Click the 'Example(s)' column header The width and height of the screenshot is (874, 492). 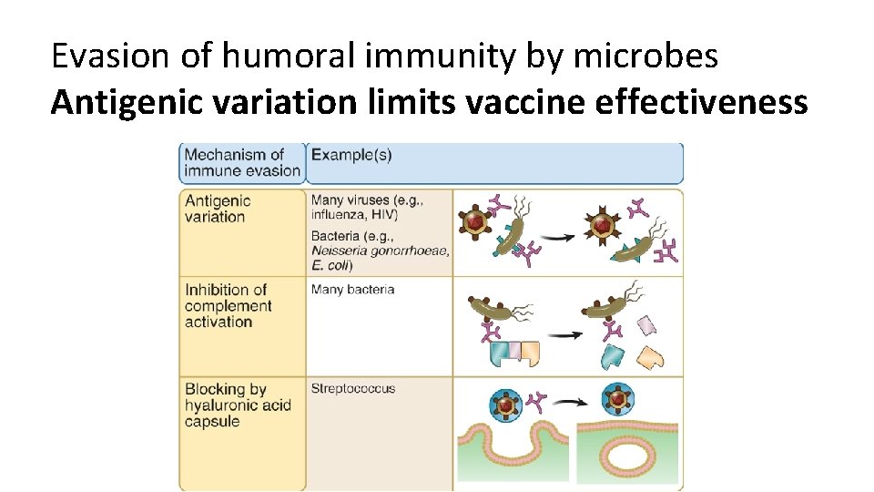click(x=351, y=155)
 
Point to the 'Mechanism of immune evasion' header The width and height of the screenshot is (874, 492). click(x=241, y=162)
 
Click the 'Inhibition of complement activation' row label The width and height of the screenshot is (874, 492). click(x=229, y=305)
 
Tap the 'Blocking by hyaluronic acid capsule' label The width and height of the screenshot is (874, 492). click(x=238, y=405)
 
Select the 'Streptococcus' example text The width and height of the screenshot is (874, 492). click(x=353, y=388)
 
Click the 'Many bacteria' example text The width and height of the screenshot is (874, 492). click(x=353, y=290)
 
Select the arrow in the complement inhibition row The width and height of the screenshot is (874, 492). click(x=571, y=334)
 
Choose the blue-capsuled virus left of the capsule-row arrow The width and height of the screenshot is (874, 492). click(x=505, y=403)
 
